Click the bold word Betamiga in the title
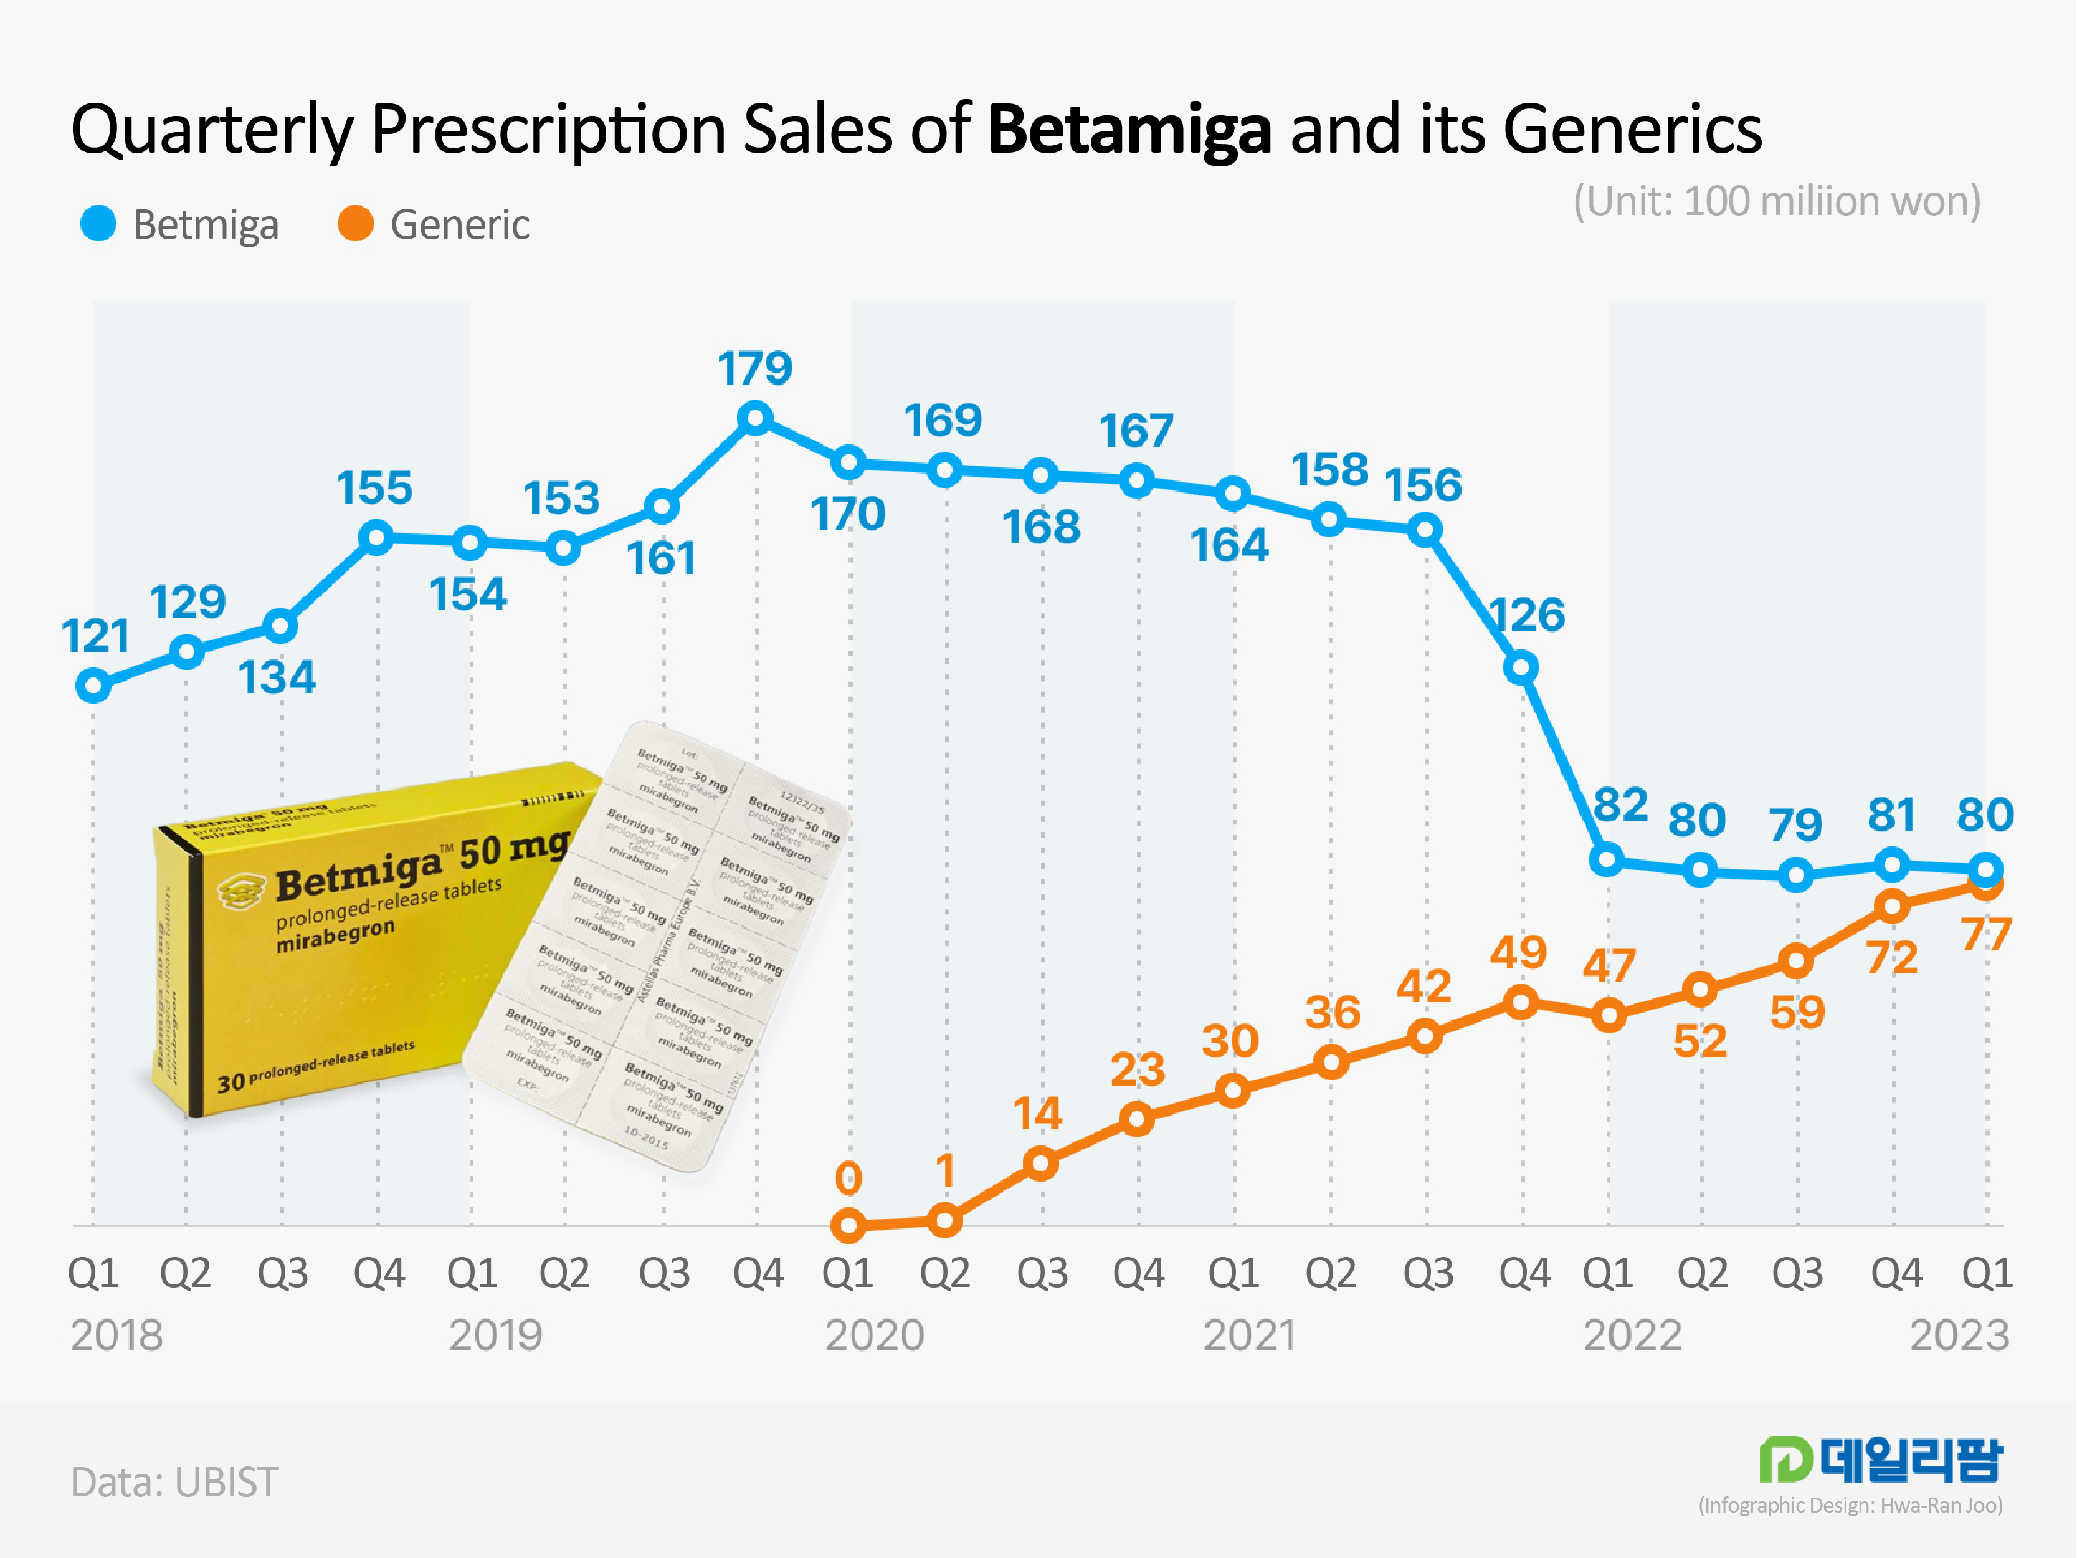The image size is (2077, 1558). [x=1129, y=130]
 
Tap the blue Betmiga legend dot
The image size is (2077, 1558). [x=98, y=224]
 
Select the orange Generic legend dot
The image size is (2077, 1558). [x=355, y=224]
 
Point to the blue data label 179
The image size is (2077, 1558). [x=755, y=368]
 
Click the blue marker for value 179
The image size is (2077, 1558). [x=755, y=418]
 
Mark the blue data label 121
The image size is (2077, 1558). [x=95, y=637]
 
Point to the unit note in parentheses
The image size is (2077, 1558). [x=1777, y=201]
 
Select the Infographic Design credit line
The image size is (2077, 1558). [x=1850, y=1506]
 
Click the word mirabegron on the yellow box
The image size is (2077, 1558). [x=335, y=936]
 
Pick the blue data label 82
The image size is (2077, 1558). [x=1620, y=805]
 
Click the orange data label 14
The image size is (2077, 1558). [x=1037, y=1114]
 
